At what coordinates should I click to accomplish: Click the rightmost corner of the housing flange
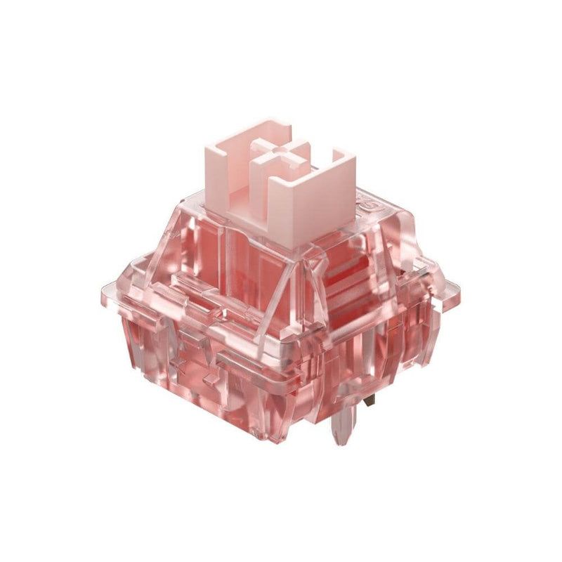(460, 287)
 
